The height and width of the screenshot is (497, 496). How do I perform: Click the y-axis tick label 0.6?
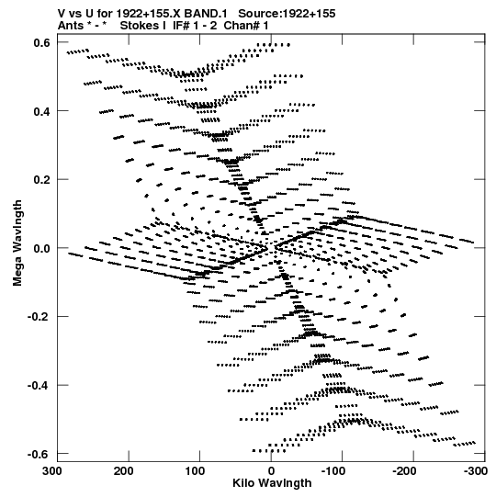point(41,42)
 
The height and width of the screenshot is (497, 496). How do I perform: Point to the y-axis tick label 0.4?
point(41,111)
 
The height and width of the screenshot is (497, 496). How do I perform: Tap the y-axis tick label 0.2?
point(41,180)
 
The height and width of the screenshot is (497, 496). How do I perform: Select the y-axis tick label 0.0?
point(41,248)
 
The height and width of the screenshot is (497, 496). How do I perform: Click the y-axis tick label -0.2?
point(39,317)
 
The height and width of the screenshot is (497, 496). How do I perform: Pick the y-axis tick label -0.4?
point(39,386)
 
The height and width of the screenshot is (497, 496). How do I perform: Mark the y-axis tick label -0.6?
point(39,454)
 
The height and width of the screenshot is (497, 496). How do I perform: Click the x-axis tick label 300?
point(52,471)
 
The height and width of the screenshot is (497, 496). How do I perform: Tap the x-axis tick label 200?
point(124,471)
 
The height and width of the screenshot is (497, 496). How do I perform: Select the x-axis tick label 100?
point(195,471)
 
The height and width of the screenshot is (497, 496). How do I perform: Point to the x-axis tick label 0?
point(271,471)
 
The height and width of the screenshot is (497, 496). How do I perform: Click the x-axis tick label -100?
point(333,471)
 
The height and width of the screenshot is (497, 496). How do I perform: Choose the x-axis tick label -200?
point(404,471)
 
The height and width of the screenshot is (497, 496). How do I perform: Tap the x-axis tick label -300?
point(476,471)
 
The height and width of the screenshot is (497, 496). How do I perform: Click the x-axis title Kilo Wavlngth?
point(272,483)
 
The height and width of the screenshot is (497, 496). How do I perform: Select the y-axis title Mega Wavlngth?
point(17,243)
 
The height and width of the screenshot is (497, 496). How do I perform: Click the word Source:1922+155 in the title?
point(287,14)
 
